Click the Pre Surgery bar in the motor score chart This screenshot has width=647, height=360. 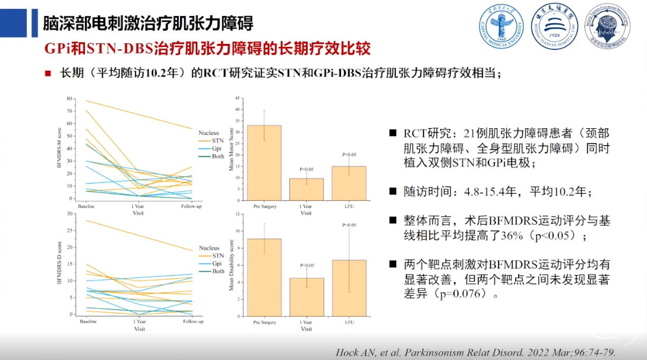(x=264, y=162)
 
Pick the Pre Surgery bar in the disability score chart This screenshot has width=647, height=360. (x=264, y=279)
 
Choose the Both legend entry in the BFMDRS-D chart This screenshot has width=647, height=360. (x=218, y=271)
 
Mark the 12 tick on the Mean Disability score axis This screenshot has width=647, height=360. (x=238, y=214)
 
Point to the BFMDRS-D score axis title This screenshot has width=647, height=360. (x=59, y=264)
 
